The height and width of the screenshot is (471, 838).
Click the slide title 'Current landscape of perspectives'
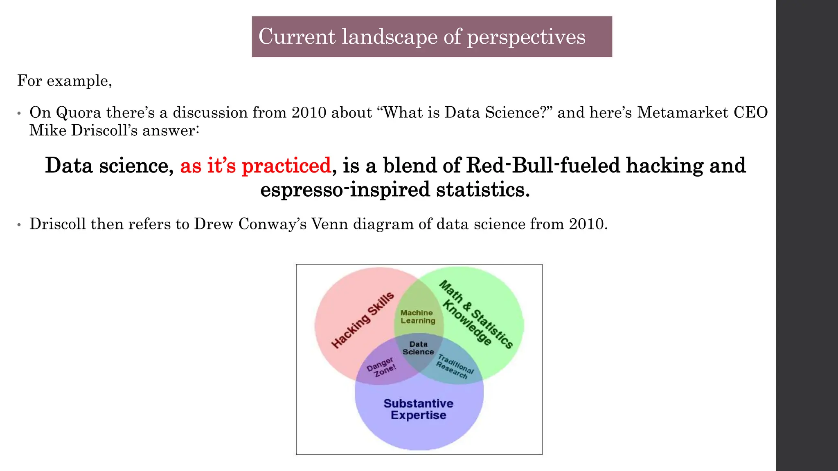point(422,37)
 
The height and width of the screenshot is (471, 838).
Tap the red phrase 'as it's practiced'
point(255,166)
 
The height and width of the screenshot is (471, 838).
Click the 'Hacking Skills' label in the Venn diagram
point(363,320)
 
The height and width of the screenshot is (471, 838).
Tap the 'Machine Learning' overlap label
point(417,317)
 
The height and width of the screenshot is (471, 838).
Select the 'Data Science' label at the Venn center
point(418,348)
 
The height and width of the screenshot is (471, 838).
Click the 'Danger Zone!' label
point(381,366)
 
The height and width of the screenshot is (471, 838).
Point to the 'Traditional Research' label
point(454,367)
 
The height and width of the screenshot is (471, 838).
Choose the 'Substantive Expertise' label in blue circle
point(418,409)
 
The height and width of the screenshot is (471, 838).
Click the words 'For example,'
point(65,81)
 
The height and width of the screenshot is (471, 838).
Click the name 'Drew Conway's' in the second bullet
point(250,224)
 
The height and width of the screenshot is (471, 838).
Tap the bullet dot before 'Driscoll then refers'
point(19,225)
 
